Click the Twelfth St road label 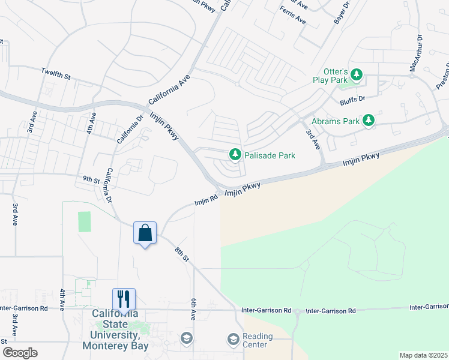56,74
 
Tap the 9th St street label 91,179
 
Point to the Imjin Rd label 205,200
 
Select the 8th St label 182,254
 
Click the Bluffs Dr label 352,98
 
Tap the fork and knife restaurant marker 124,299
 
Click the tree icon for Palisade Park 235,155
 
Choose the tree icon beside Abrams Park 369,121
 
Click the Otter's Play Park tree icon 357,74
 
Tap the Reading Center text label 258,341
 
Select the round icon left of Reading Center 233,340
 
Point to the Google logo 20,353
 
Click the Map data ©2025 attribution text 423,355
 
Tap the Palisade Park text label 270,155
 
